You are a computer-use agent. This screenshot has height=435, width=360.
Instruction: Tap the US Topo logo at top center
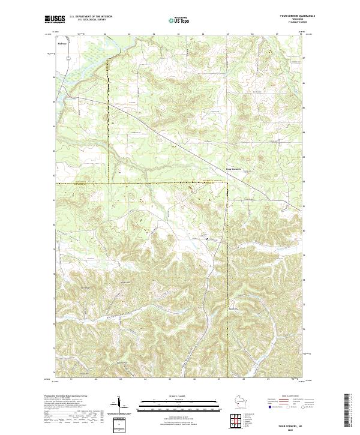click(181, 20)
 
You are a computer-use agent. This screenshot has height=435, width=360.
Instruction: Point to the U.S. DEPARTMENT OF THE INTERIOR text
click(90, 17)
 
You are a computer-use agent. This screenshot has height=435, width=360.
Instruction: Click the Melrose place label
click(61, 43)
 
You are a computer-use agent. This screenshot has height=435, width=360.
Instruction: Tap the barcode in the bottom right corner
click(349, 411)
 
